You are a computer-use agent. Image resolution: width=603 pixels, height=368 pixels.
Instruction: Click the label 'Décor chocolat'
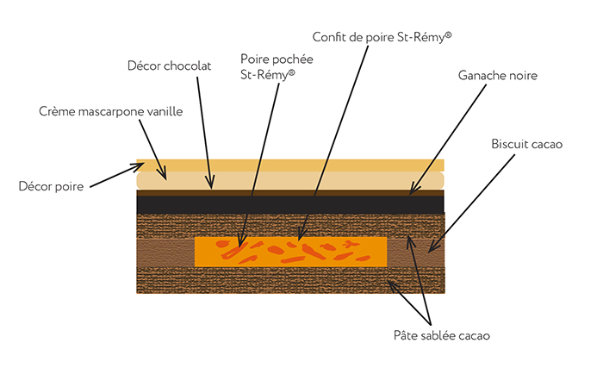click(x=169, y=65)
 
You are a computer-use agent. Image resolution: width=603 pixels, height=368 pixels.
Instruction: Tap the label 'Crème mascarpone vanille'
click(x=111, y=112)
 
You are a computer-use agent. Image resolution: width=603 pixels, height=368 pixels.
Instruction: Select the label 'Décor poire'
click(x=50, y=186)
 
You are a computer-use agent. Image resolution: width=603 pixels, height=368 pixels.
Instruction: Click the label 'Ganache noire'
click(x=498, y=76)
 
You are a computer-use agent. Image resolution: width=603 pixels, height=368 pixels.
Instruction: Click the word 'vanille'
click(x=163, y=112)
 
